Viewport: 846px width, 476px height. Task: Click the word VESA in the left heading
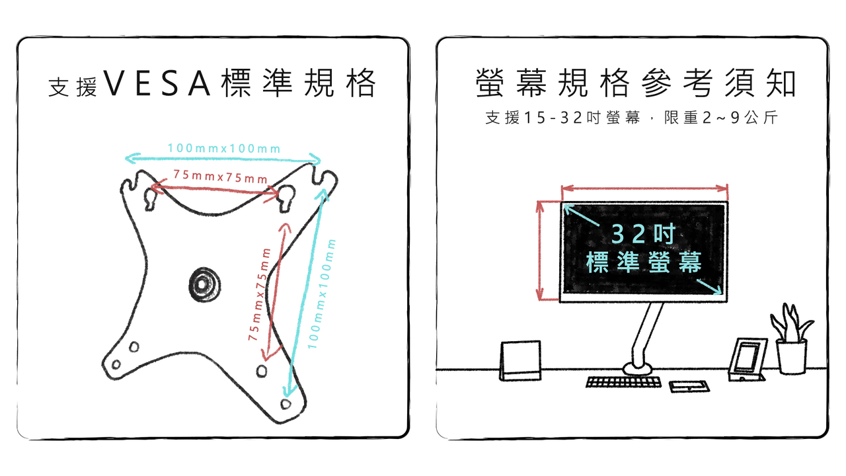(x=157, y=83)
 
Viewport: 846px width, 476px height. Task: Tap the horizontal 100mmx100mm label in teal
(x=224, y=148)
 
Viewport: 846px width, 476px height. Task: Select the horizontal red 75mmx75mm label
(x=220, y=177)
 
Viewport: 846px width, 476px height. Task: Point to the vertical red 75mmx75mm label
(x=260, y=295)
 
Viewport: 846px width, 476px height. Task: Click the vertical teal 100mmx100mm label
(x=321, y=294)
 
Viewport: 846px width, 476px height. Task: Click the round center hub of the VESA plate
(x=204, y=284)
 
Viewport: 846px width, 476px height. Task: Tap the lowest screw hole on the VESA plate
(x=286, y=404)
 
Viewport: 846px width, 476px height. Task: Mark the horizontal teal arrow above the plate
(x=223, y=159)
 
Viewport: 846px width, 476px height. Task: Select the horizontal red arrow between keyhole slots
(x=215, y=190)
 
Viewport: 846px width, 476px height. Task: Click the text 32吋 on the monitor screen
(x=643, y=234)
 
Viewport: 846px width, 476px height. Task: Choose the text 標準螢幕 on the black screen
(x=644, y=262)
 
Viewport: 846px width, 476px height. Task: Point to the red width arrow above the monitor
(x=644, y=188)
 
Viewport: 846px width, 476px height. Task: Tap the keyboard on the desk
(x=623, y=382)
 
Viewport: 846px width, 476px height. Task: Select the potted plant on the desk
(x=792, y=339)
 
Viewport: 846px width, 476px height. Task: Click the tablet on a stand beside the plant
(x=747, y=360)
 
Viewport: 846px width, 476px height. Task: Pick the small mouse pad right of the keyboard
(x=689, y=387)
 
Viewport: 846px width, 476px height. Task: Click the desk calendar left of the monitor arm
(x=520, y=360)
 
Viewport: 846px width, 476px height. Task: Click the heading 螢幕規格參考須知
(x=636, y=83)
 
